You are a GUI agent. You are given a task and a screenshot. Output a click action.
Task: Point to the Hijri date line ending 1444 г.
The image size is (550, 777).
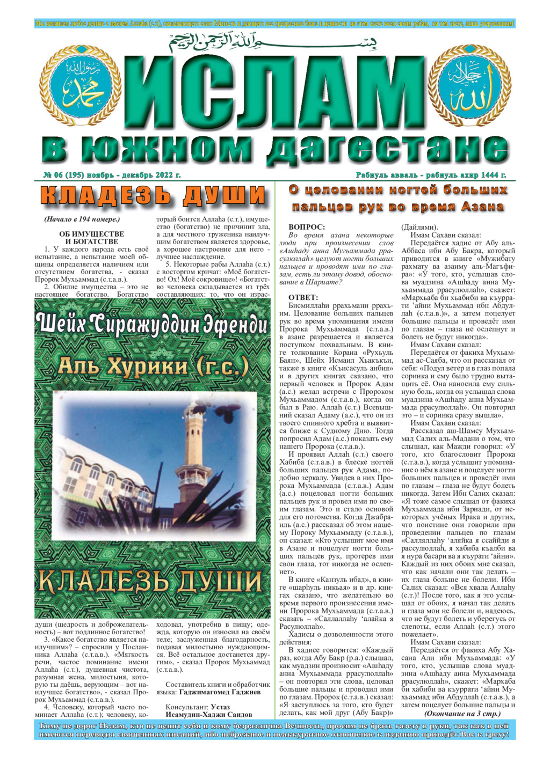431,175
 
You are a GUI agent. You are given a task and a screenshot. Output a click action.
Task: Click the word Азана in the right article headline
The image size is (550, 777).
477,207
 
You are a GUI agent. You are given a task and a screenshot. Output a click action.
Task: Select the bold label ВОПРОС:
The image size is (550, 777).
306,228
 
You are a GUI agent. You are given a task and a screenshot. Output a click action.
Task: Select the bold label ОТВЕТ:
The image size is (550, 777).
303,297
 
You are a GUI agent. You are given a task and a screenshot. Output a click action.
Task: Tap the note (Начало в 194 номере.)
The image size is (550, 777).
82,219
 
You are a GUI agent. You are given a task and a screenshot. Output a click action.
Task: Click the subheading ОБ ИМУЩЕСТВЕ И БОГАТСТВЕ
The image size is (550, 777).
91,238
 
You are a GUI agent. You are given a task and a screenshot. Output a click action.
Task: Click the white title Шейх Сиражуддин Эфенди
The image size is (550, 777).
152,325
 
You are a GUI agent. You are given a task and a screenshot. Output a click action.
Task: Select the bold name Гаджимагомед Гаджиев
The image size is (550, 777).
220,692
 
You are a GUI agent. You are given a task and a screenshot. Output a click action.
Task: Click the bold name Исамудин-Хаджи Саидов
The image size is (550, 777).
208,715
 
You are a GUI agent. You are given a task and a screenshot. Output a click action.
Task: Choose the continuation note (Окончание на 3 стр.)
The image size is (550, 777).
462,714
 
